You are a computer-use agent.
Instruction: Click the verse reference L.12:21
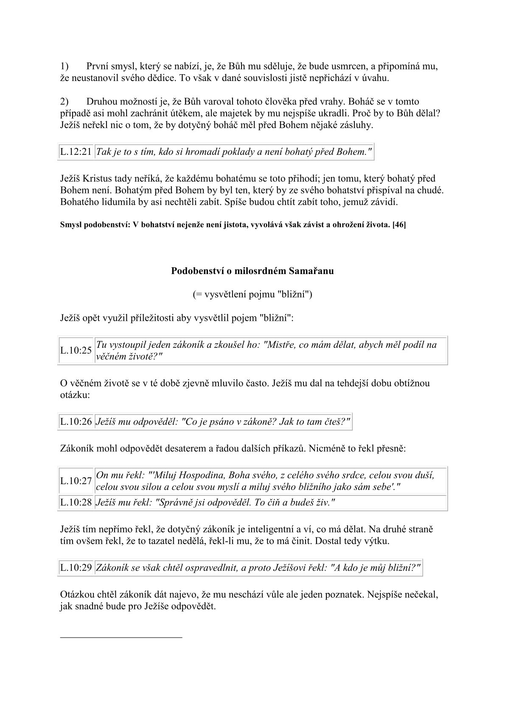(76, 152)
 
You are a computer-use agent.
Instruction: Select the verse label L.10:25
(76, 350)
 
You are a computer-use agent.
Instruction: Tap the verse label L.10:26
(76, 422)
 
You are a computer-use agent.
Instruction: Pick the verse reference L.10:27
(76, 481)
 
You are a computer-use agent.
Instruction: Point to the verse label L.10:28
(76, 502)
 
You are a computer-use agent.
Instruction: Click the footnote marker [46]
(399, 225)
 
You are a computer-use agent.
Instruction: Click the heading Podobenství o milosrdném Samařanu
(252, 271)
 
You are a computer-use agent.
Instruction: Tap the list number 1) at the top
(65, 66)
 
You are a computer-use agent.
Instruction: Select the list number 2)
(65, 102)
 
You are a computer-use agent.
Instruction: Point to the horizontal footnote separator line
(121, 637)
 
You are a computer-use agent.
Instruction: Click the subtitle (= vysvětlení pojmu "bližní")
(252, 294)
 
